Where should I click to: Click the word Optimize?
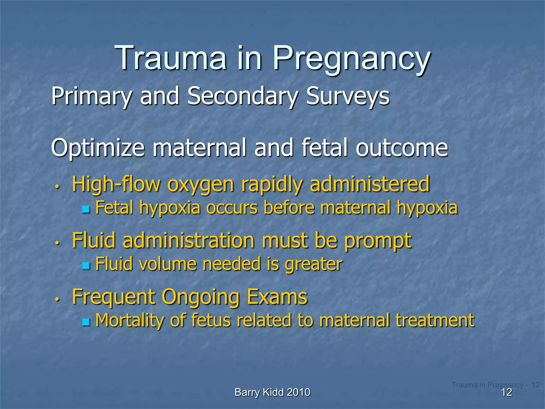pos(98,148)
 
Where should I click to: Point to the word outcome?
pos(402,148)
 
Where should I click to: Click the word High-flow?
pos(116,184)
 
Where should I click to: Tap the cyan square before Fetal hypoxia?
pos(86,209)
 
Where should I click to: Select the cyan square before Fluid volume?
pos(86,265)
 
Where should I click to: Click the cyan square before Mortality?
pos(86,322)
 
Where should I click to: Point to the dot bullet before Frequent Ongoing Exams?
pos(57,299)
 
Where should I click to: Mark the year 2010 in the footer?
pos(299,392)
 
